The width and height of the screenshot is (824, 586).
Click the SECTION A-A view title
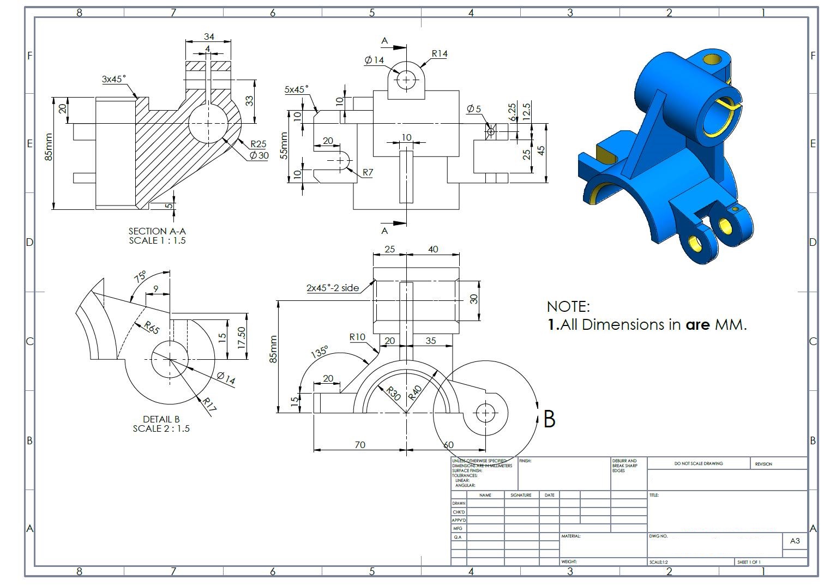click(157, 231)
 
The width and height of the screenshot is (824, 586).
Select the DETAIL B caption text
click(161, 419)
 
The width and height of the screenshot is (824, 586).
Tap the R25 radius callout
click(258, 144)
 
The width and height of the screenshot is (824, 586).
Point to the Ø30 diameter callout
click(259, 155)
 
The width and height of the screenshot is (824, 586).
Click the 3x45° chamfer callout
click(113, 79)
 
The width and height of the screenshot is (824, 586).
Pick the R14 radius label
click(440, 53)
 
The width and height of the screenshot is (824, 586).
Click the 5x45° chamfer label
click(296, 89)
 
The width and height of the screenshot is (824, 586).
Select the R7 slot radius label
click(368, 172)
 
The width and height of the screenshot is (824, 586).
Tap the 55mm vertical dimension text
click(284, 146)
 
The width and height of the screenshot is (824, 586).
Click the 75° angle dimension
click(140, 276)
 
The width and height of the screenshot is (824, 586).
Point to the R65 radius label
click(152, 328)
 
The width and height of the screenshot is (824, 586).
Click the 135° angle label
click(320, 352)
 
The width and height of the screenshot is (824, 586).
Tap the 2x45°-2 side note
click(332, 288)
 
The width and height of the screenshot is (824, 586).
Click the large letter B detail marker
click(549, 419)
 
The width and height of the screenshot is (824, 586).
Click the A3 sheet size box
click(795, 541)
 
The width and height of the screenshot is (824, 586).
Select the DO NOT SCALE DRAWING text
click(698, 463)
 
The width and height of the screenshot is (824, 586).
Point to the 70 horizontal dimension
click(360, 445)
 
